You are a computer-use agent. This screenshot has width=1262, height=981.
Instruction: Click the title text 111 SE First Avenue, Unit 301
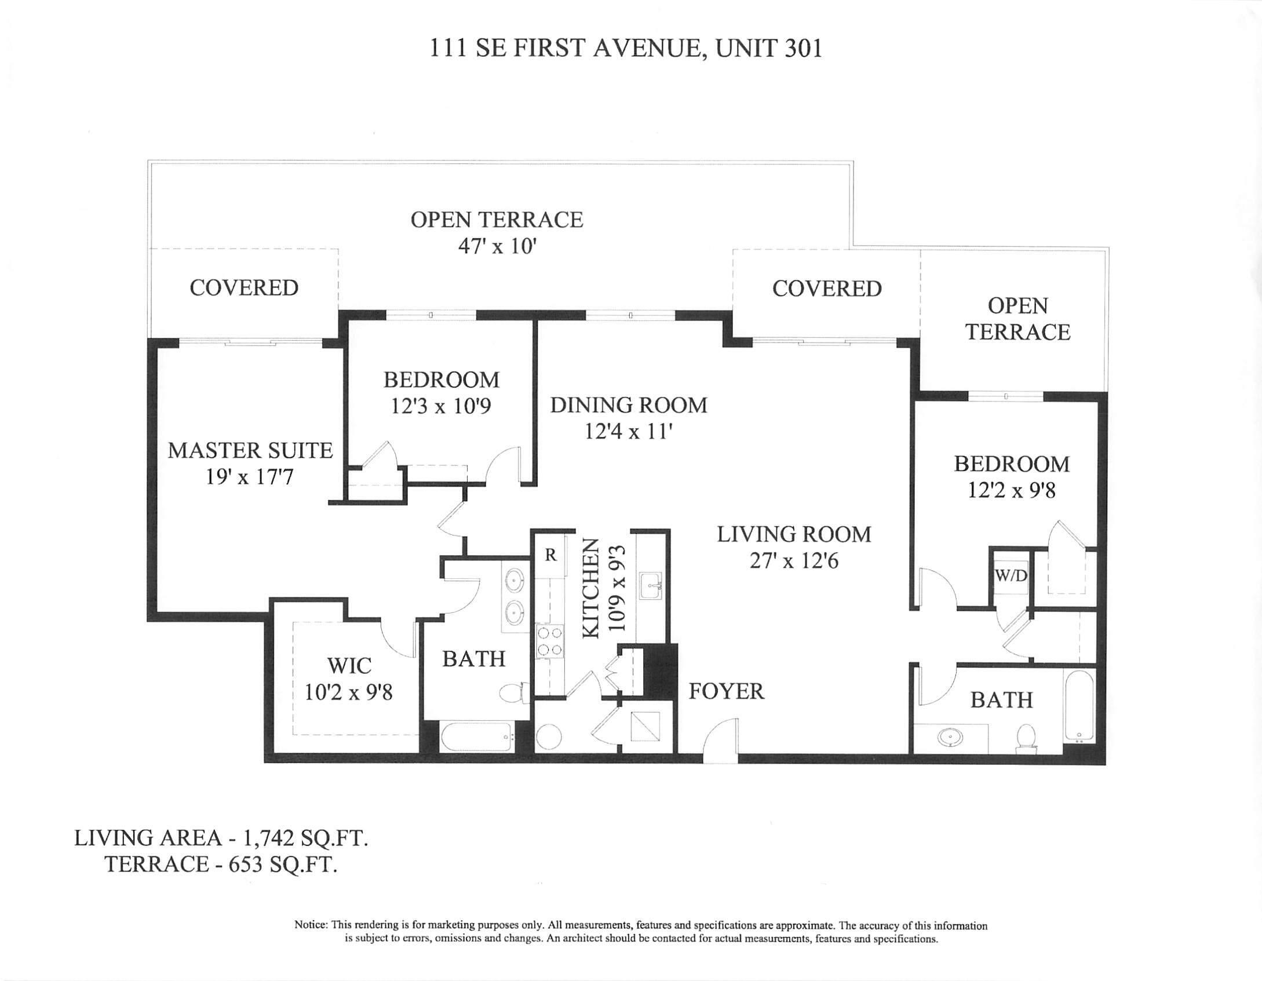[626, 49]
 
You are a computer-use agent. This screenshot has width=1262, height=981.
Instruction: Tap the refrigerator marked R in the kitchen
[550, 555]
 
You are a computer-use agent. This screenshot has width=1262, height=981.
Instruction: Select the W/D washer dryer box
[1011, 576]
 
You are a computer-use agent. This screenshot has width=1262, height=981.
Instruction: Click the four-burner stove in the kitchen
[549, 642]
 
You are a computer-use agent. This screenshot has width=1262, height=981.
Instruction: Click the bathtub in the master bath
[476, 736]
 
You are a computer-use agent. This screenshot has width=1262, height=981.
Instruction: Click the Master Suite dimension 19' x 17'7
[250, 477]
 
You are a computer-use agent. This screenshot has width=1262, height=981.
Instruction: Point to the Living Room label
[794, 534]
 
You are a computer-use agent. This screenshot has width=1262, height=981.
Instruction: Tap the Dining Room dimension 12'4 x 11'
[628, 432]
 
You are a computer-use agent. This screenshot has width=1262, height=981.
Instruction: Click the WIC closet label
[349, 666]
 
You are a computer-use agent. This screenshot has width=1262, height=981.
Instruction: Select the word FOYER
[726, 691]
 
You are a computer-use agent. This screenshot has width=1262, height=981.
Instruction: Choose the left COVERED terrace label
[244, 288]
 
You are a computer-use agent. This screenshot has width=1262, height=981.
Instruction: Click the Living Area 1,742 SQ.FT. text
[221, 838]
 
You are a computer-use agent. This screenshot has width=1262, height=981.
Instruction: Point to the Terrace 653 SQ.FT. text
[221, 865]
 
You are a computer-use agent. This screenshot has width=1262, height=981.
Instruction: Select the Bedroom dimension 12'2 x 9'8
[1011, 490]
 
